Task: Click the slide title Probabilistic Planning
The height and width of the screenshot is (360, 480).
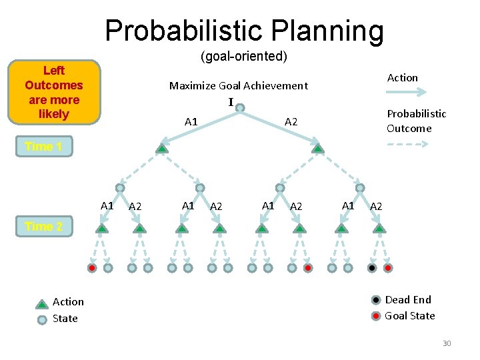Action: click(x=244, y=31)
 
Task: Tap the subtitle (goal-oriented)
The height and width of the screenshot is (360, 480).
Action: click(x=244, y=57)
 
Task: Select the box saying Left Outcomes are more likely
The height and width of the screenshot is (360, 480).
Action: click(x=53, y=92)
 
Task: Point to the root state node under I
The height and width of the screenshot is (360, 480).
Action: click(x=240, y=107)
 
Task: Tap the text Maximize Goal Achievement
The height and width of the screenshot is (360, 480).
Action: click(x=238, y=85)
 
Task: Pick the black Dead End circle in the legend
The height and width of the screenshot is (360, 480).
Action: click(x=376, y=300)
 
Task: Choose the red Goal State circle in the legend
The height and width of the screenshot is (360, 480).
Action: click(x=376, y=315)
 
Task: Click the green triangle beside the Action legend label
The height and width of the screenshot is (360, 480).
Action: click(x=42, y=303)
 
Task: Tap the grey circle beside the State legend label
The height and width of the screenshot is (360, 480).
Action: click(x=42, y=319)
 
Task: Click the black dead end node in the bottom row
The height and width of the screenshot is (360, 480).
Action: click(x=372, y=268)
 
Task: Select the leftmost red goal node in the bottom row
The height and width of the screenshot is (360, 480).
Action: click(x=92, y=268)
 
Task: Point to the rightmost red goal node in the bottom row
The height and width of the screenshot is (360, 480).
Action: click(x=388, y=268)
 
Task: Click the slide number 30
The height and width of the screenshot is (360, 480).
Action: click(x=446, y=343)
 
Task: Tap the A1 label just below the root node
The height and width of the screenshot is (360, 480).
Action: click(x=191, y=121)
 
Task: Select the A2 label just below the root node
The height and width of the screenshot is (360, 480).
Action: click(x=291, y=121)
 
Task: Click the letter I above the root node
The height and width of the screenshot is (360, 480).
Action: click(x=231, y=102)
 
